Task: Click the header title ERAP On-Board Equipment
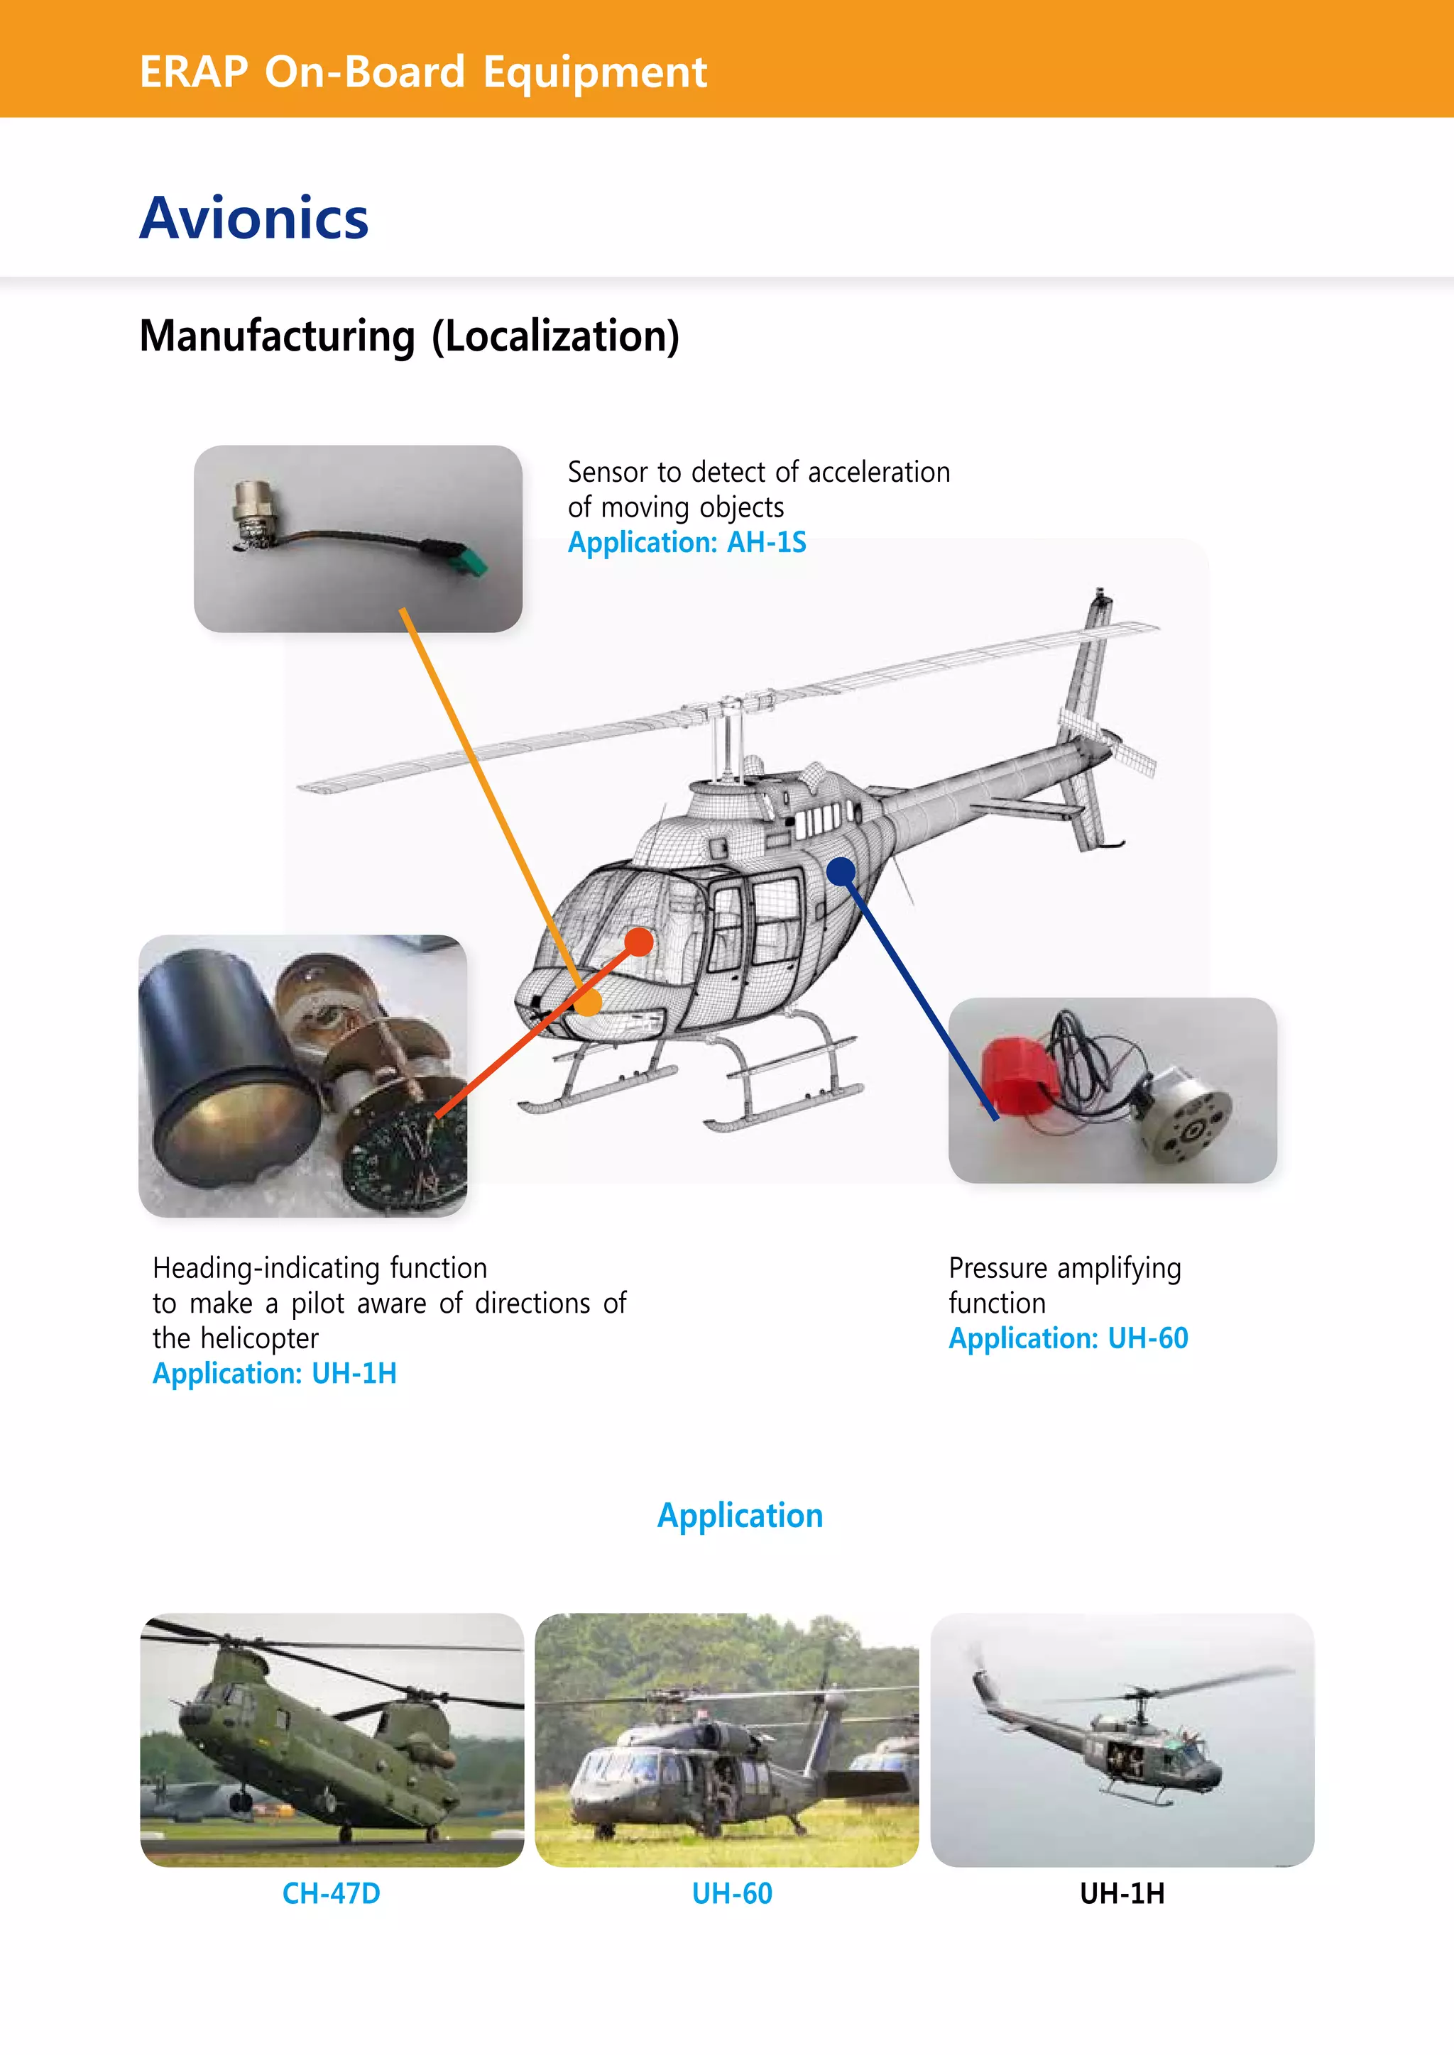pyautogui.click(x=422, y=72)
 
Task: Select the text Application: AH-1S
pyautogui.click(x=687, y=542)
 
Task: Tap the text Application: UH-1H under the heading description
pyautogui.click(x=274, y=1373)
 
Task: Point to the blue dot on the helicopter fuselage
pyautogui.click(x=841, y=870)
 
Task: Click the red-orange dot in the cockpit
pyautogui.click(x=638, y=942)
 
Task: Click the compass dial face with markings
pyautogui.click(x=408, y=1155)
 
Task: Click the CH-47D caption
pyautogui.click(x=332, y=1893)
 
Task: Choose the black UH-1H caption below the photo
pyautogui.click(x=1121, y=1893)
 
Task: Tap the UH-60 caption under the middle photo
pyautogui.click(x=731, y=1893)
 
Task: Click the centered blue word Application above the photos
pyautogui.click(x=740, y=1515)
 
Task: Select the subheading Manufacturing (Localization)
pyautogui.click(x=409, y=336)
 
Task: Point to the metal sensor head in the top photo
pyautogui.click(x=253, y=506)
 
